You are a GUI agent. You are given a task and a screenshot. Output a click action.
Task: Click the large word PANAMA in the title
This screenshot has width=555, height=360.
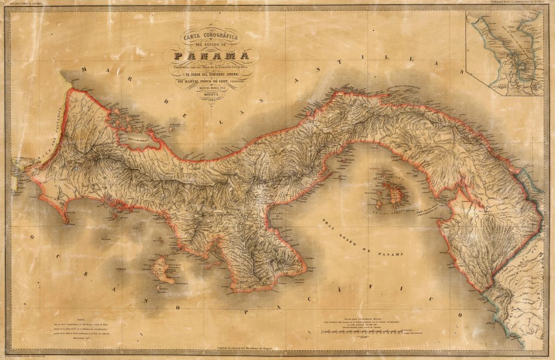[211, 56]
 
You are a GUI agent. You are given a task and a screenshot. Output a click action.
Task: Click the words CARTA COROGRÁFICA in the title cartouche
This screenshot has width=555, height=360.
[211, 37]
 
